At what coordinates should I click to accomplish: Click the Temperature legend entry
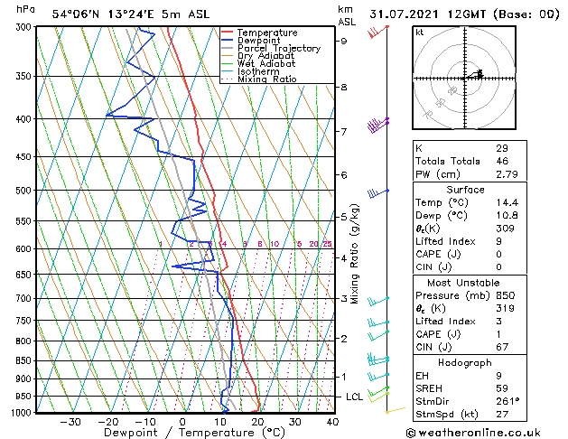click(268, 33)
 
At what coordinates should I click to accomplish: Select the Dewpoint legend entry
click(263, 41)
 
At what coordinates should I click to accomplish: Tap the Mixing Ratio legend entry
click(267, 79)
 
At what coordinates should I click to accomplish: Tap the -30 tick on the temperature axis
click(70, 422)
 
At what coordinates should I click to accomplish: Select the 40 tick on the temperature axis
click(332, 422)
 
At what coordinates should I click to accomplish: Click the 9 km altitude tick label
click(343, 41)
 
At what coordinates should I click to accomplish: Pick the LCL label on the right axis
click(355, 397)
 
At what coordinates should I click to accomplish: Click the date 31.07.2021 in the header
click(405, 14)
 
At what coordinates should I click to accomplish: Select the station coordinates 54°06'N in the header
click(76, 14)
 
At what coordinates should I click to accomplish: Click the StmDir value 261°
click(507, 401)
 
